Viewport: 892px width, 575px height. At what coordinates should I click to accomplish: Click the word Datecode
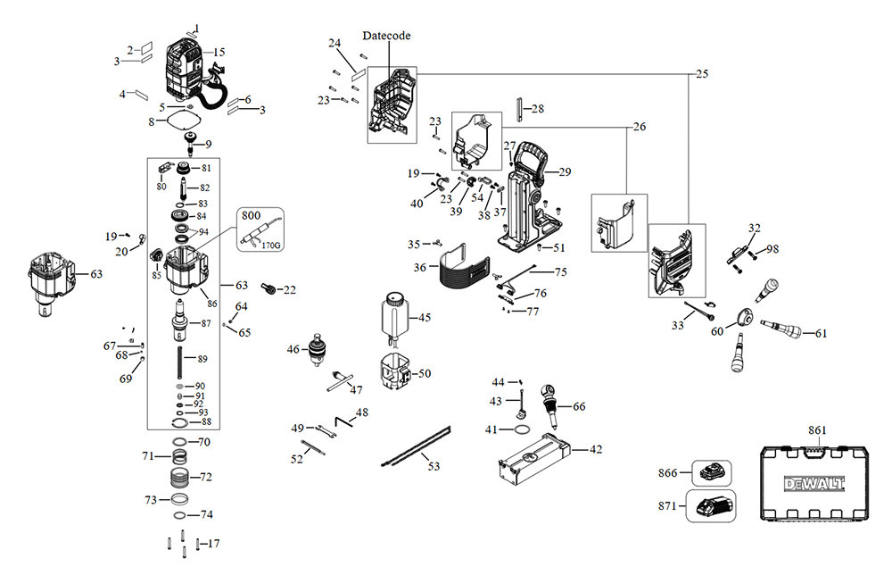pos(386,36)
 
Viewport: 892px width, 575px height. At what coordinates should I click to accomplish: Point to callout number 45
pos(425,317)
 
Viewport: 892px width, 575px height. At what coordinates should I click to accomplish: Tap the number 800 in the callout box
pos(252,215)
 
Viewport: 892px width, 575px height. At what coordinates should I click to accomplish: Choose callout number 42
pos(596,449)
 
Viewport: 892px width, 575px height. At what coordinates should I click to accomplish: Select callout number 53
pos(434,466)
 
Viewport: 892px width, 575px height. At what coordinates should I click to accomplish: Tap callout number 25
pos(702,73)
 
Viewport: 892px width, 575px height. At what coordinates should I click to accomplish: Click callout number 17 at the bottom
pos(214,544)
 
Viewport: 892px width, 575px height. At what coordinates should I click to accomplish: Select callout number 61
pos(821,333)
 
